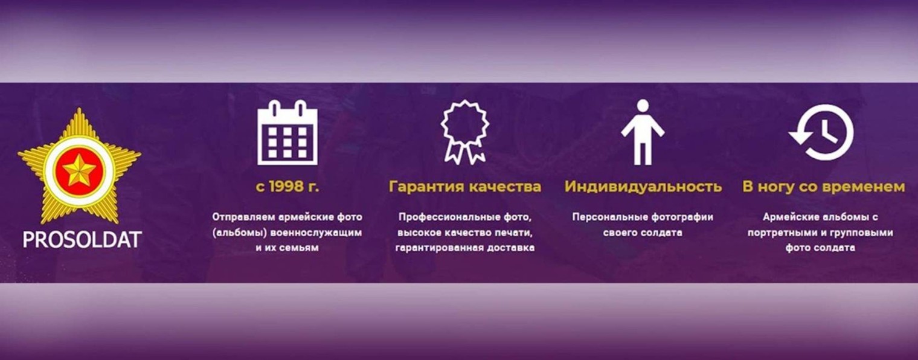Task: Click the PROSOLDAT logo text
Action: pyautogui.click(x=82, y=240)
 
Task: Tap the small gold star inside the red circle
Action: pyautogui.click(x=79, y=170)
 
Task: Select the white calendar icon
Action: pyautogui.click(x=287, y=133)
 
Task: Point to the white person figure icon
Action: pyautogui.click(x=643, y=132)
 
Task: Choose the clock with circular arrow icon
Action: pyautogui.click(x=822, y=132)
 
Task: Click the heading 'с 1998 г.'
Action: pyautogui.click(x=287, y=187)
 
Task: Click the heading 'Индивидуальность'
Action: pyautogui.click(x=643, y=187)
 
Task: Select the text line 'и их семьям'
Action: pyautogui.click(x=287, y=248)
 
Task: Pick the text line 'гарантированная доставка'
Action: pyautogui.click(x=464, y=248)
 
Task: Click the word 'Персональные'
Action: pyautogui.click(x=610, y=217)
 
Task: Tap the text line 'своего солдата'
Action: pyautogui.click(x=643, y=233)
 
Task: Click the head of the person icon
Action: pyautogui.click(x=643, y=106)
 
